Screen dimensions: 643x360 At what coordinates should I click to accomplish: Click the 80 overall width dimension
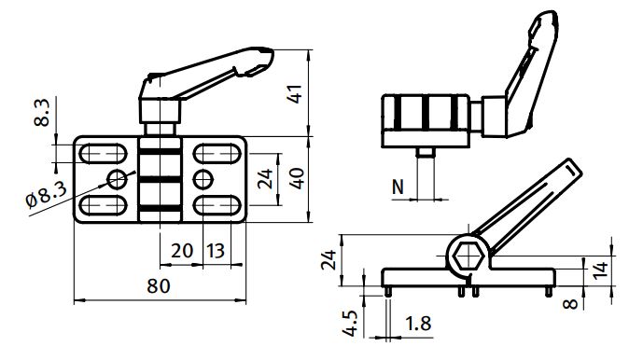tap(159, 286)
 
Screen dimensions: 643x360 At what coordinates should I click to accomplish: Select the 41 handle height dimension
tap(296, 94)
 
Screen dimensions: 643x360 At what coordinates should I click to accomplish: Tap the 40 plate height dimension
tap(297, 178)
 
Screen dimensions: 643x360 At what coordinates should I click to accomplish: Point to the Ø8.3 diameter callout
tap(46, 195)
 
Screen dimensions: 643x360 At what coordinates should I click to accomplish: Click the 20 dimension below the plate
tap(182, 251)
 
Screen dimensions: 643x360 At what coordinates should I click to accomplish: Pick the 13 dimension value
tap(216, 251)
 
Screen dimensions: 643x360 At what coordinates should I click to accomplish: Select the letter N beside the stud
tap(398, 187)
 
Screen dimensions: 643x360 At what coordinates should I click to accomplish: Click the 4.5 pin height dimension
tap(351, 324)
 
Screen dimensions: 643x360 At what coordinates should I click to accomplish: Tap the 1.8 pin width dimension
tap(418, 324)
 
